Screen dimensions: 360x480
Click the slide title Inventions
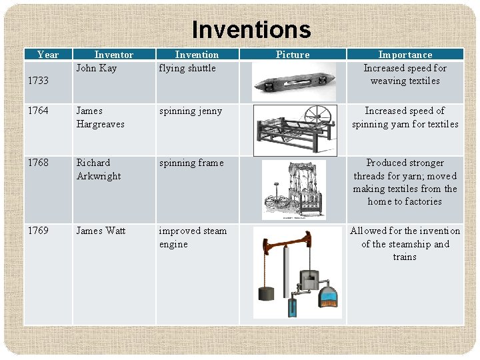[x=251, y=30]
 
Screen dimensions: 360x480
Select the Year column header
[x=48, y=55]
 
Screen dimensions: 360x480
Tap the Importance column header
[x=405, y=55]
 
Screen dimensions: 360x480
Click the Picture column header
[x=293, y=55]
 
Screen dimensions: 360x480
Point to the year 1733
[x=38, y=81]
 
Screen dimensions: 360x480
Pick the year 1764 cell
[x=38, y=111]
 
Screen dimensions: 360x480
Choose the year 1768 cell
[x=38, y=163]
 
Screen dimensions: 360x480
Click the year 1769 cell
[x=38, y=231]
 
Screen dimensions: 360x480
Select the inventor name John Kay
[x=96, y=68]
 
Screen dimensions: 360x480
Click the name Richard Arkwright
[x=99, y=169]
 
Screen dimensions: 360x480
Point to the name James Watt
[x=101, y=231]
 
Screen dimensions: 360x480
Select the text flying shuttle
[x=187, y=68]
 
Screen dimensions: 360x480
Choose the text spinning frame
[x=191, y=163]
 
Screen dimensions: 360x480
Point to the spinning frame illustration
[x=293, y=189]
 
